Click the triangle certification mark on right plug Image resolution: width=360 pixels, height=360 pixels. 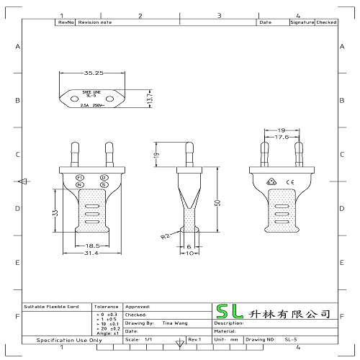click(271, 181)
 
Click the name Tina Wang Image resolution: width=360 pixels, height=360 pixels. click(171, 324)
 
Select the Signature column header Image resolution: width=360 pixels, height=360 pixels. click(301, 23)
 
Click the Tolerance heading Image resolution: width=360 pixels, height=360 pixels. click(105, 306)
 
